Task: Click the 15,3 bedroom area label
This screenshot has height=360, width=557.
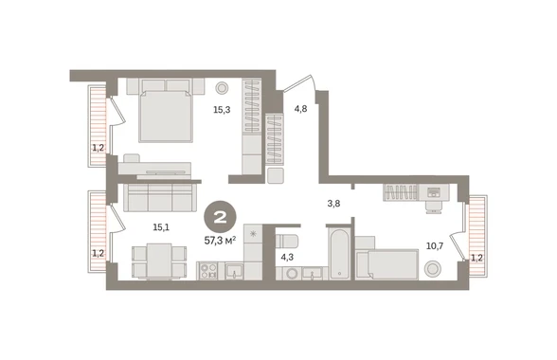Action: (222, 110)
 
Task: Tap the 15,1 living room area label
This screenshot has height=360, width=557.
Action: (161, 227)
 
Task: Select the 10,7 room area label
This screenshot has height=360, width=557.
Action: (435, 245)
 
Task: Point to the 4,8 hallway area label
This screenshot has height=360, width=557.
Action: (300, 109)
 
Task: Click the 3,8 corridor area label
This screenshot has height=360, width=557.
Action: (333, 204)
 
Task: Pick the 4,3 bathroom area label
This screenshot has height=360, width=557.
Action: (287, 257)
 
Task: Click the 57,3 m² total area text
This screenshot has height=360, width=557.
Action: (220, 241)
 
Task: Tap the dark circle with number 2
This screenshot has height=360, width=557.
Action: (220, 218)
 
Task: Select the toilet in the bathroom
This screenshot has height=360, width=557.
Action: (287, 241)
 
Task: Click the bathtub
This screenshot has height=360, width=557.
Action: (339, 254)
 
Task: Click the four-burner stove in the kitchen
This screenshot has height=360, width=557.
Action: (207, 270)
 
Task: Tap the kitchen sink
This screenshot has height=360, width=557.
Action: (234, 271)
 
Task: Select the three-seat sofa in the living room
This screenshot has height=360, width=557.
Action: (159, 198)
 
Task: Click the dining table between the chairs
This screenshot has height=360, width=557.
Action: (159, 261)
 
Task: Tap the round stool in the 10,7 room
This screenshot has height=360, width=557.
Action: (433, 268)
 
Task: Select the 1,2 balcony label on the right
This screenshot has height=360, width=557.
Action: (476, 258)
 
